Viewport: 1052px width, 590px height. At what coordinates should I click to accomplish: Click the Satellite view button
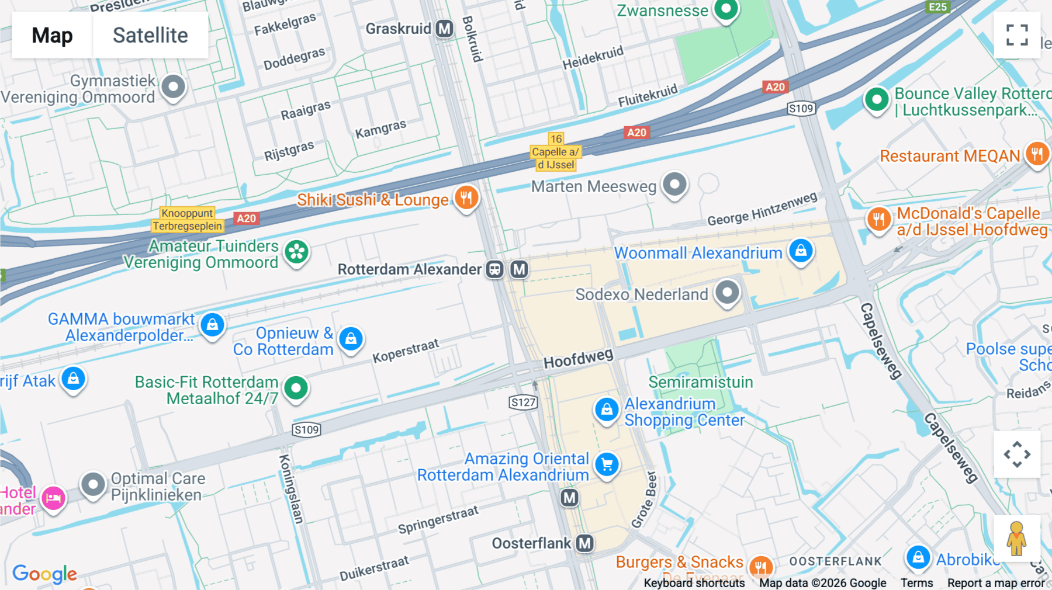pos(150,35)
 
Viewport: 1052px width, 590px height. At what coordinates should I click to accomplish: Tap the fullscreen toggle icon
pos(1017,35)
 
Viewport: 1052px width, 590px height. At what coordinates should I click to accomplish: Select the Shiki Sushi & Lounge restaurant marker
pos(466,198)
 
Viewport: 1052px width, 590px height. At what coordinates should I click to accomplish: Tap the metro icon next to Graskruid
pos(445,29)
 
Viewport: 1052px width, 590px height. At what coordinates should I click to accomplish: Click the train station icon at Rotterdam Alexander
pos(495,269)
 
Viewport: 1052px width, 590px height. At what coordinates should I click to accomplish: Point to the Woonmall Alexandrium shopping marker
pos(801,251)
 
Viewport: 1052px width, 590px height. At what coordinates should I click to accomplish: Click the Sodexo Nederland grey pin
pos(727,292)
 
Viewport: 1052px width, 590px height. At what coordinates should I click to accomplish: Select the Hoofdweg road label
pos(578,358)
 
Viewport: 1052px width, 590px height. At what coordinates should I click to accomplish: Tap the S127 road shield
pos(523,402)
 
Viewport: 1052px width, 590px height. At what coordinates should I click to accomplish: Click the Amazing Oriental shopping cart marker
pos(607,464)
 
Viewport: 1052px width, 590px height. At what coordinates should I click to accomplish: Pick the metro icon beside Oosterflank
pos(584,543)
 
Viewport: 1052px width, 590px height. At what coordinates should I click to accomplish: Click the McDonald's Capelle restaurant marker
pos(878,220)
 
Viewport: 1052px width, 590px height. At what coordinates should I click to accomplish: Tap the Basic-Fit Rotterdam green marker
pos(296,388)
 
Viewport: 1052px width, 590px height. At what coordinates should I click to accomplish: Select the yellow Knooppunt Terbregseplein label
pos(187,220)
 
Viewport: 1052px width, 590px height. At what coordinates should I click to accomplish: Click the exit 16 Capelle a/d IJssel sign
pos(555,152)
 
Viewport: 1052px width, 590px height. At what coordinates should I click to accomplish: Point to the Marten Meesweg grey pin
pos(675,185)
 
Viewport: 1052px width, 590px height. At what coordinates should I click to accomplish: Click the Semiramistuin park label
pos(700,382)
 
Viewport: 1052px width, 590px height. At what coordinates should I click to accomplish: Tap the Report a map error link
pos(995,582)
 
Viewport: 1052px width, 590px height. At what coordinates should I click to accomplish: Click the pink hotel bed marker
pos(54,498)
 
